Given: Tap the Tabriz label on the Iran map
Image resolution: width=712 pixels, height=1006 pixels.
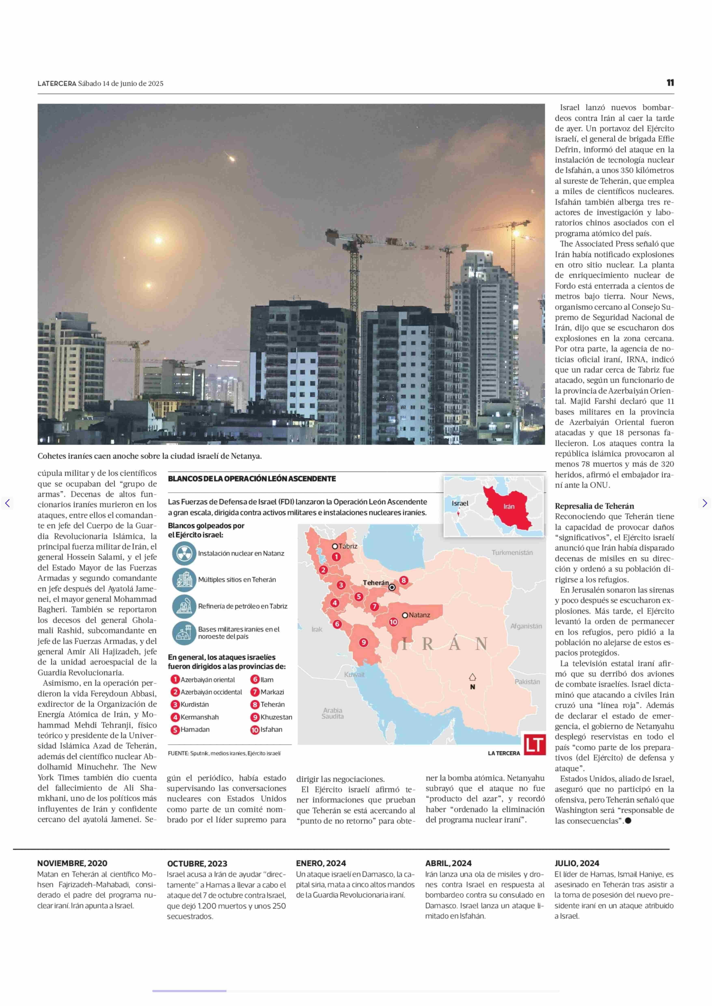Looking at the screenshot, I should coord(348,546).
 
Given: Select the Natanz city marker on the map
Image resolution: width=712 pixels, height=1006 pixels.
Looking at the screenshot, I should coord(405,615).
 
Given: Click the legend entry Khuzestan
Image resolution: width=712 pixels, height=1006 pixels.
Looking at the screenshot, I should coord(276,717).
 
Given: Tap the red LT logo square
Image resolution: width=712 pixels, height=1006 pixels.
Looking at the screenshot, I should coord(534,745).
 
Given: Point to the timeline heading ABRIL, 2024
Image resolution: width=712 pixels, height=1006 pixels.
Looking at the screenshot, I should coord(448,863).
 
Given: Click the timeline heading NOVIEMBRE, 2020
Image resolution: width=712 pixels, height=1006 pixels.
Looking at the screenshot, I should coord(72,863).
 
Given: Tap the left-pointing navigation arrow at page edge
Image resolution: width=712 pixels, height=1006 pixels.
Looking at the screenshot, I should coord(8,503).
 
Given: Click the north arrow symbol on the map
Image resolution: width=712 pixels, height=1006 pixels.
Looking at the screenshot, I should coord(472,677).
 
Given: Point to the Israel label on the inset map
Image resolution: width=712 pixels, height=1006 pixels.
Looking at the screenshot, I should coord(460,503).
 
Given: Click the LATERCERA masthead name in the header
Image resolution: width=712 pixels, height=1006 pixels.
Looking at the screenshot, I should coord(57,83).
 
